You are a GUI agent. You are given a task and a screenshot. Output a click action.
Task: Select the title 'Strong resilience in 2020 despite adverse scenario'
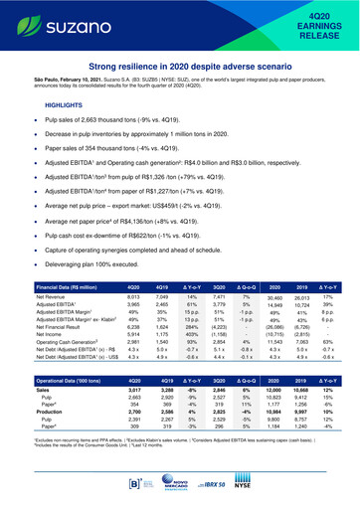(180, 66)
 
